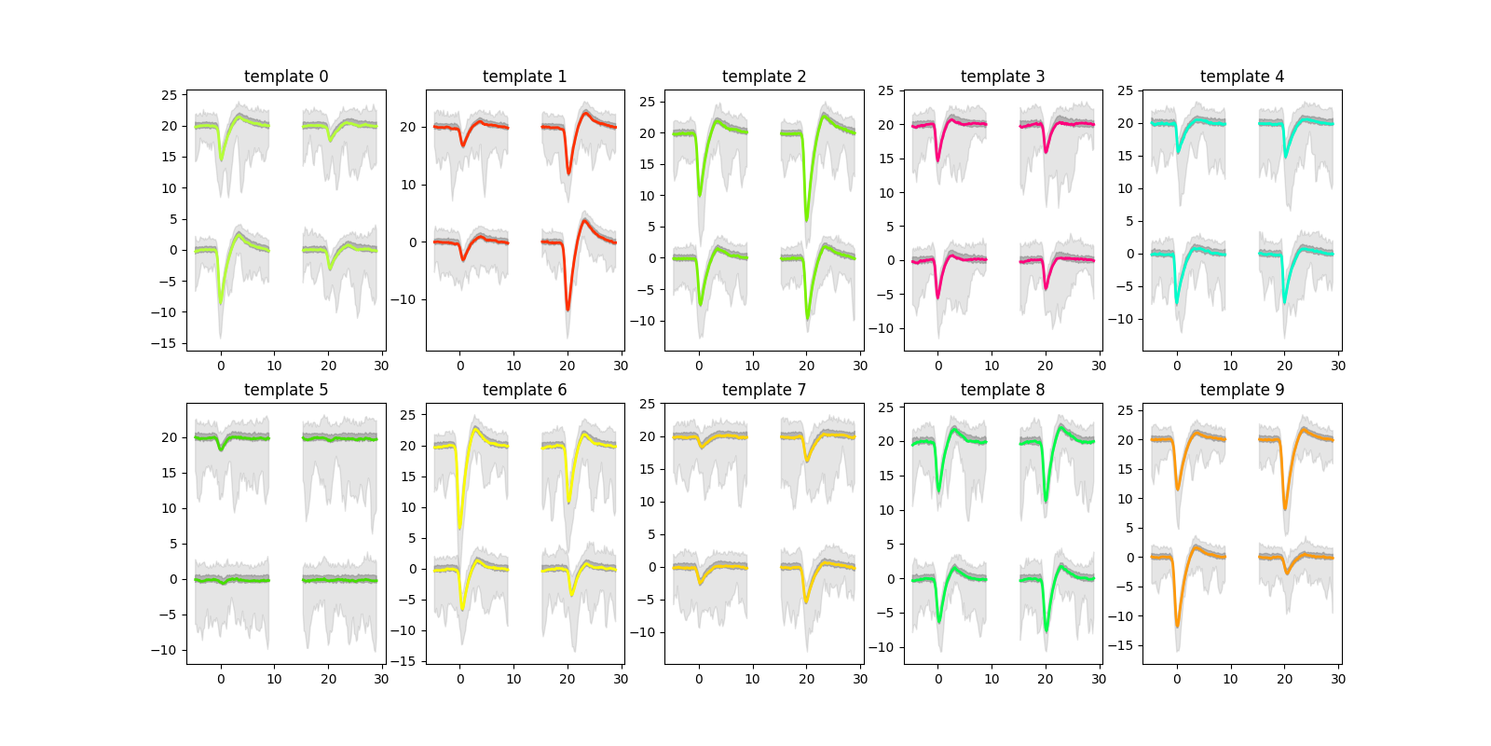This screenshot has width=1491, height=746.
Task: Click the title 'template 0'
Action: coord(286,76)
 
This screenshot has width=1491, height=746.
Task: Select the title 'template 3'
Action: coord(1003,76)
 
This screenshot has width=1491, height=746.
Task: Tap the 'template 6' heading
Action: coord(525,390)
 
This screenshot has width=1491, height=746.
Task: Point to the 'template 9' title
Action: coord(1242,390)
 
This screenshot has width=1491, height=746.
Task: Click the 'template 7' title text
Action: coord(764,390)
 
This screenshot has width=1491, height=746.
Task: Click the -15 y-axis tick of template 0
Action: coord(168,344)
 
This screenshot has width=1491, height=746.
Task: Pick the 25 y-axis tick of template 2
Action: coord(647,102)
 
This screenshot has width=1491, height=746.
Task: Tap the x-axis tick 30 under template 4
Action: coord(1338,366)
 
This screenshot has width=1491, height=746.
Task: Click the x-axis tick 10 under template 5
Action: coord(274,679)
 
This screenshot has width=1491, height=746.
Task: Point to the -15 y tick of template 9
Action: coord(1124,645)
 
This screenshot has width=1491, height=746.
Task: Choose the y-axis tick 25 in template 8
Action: coord(885,408)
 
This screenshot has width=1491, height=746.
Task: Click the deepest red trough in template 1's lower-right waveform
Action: coord(568,309)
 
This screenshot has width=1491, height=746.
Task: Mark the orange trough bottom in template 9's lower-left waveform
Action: coord(1177,625)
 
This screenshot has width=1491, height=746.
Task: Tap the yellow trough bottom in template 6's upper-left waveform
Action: coord(459,528)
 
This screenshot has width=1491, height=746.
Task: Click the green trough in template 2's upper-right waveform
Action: coord(807,220)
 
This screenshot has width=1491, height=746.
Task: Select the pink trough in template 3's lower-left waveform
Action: coord(938,297)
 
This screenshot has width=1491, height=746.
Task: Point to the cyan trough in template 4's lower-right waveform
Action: coord(1285,301)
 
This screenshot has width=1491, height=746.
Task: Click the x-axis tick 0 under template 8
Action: coord(938,679)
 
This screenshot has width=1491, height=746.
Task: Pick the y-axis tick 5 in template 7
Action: coord(650,534)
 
